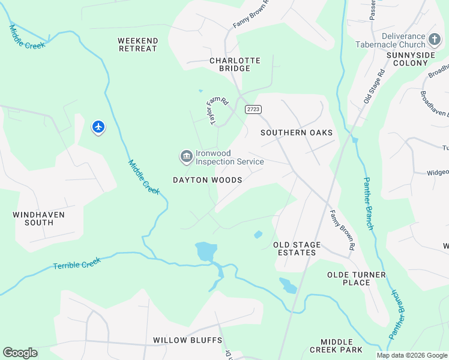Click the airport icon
pyautogui.click(x=98, y=127)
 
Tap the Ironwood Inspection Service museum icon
pyautogui.click(x=186, y=157)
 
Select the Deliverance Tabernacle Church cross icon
pyautogui.click(x=435, y=40)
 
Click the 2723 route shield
pyautogui.click(x=253, y=109)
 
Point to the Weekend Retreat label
pyautogui.click(x=138, y=45)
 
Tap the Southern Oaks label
pyautogui.click(x=297, y=133)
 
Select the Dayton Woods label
pyautogui.click(x=207, y=180)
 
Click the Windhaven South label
pyautogui.click(x=38, y=218)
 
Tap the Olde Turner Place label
pyautogui.click(x=357, y=278)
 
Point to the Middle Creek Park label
pyautogui.click(x=336, y=345)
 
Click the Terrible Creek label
pyautogui.click(x=76, y=263)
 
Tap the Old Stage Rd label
pyautogui.click(x=373, y=88)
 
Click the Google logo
pyautogui.click(x=20, y=353)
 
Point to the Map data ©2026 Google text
pyautogui.click(x=412, y=355)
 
